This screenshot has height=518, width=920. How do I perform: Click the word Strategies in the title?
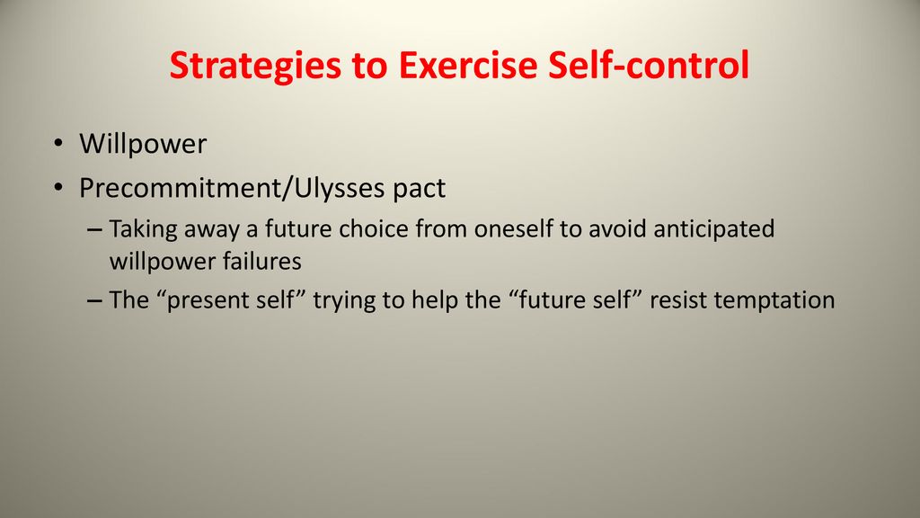255,66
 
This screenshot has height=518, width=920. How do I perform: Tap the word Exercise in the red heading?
467,64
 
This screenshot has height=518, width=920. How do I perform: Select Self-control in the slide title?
649,64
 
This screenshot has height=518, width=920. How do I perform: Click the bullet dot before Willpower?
57,143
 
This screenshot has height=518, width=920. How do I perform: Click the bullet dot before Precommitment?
57,188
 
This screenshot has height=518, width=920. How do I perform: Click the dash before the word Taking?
93,229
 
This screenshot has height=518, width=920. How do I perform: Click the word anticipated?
713,229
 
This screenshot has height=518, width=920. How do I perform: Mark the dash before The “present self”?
93,300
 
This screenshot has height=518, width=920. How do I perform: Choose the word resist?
677,300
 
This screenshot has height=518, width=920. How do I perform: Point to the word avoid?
617,228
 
